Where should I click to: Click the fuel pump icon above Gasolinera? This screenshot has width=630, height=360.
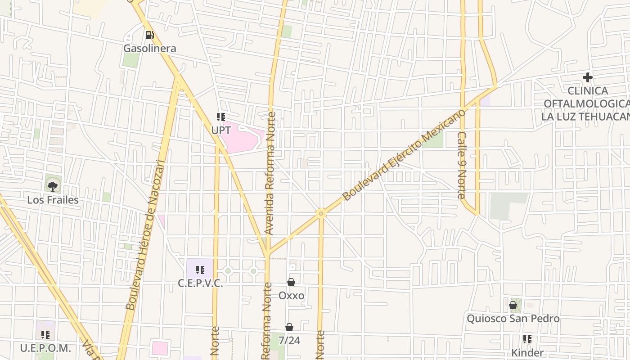coord(149,35)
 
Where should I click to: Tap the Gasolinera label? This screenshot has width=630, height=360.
coord(150,48)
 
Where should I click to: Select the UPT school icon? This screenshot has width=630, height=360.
coord(220,117)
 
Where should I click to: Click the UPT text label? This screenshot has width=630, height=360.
coord(221,130)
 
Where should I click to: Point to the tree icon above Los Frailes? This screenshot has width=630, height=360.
coord(53,186)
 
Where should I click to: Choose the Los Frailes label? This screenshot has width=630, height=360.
coord(53,200)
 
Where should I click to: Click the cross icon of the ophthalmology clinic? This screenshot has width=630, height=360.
coord(587,77)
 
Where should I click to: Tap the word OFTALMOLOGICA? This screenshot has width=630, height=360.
coord(587,103)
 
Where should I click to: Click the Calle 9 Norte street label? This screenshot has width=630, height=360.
coord(462,165)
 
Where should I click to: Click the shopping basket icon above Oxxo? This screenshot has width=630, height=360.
coord(291,282)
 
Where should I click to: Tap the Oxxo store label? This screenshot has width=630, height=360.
coord(291,296)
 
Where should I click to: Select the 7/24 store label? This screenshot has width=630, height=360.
coord(289,341)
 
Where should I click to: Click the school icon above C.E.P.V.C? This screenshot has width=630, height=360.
coord(200,270)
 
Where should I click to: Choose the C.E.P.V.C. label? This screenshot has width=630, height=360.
coord(200,283)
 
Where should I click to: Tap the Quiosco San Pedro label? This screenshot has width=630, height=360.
coord(513,319)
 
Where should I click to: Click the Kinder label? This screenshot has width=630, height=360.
coord(527,352)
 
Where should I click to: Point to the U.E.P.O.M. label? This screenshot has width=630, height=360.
coord(45,348)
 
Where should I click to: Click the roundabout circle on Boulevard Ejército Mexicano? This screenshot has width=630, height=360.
coord(320,213)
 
